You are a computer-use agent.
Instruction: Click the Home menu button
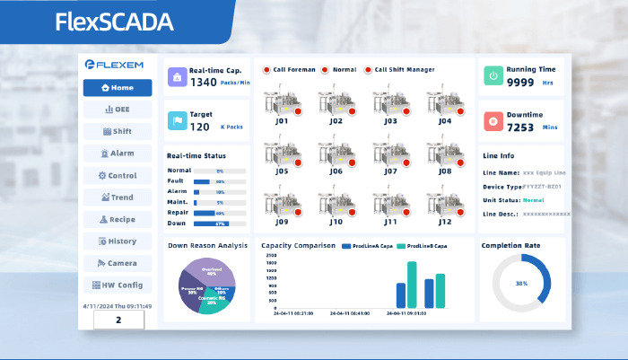pyautogui.click(x=118, y=88)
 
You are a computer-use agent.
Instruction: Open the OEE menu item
pyautogui.click(x=118, y=110)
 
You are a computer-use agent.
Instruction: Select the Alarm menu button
pyautogui.click(x=118, y=154)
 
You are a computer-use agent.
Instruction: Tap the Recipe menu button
pyautogui.click(x=118, y=219)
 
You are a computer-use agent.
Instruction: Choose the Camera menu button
pyautogui.click(x=118, y=263)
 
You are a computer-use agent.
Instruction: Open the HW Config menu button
pyautogui.click(x=118, y=285)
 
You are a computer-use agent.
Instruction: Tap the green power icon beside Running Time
pyautogui.click(x=493, y=76)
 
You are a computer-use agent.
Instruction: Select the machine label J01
pyautogui.click(x=283, y=120)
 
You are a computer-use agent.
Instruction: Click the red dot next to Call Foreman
pyautogui.click(x=266, y=70)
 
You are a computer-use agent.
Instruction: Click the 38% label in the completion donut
pyautogui.click(x=521, y=283)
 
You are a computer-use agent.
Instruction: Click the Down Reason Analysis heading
pyautogui.click(x=207, y=244)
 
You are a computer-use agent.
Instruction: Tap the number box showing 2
pyautogui.click(x=118, y=320)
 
